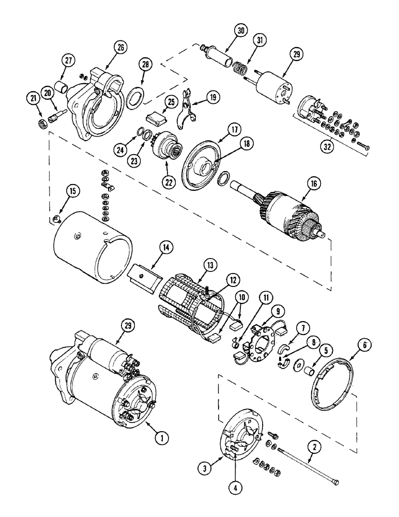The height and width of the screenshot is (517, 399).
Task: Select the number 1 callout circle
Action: pos(162,437)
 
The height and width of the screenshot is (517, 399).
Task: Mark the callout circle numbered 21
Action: pos(34,98)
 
